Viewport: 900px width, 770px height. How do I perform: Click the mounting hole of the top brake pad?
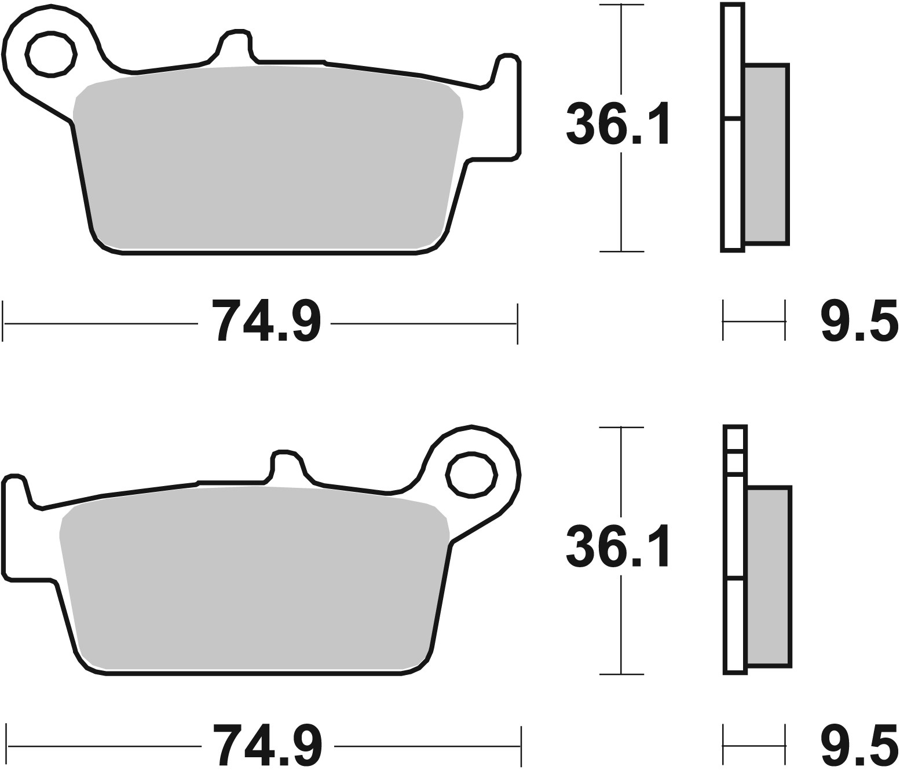[x=52, y=54]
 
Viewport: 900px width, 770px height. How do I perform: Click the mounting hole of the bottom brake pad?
[x=472, y=475]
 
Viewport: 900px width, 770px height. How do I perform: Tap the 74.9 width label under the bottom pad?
[x=266, y=745]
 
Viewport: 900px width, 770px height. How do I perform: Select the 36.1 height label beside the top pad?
[x=617, y=123]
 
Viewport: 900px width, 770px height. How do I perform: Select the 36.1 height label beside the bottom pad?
[x=617, y=546]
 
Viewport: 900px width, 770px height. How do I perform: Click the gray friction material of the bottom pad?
[x=255, y=579]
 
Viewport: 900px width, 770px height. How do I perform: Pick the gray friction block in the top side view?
[x=765, y=153]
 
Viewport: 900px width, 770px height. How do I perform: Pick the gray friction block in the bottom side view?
[x=768, y=576]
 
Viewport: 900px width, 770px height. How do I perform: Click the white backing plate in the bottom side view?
[x=736, y=626]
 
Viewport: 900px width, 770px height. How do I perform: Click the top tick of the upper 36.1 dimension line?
[x=621, y=5]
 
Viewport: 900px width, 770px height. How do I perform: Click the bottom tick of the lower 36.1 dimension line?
[x=621, y=674]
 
